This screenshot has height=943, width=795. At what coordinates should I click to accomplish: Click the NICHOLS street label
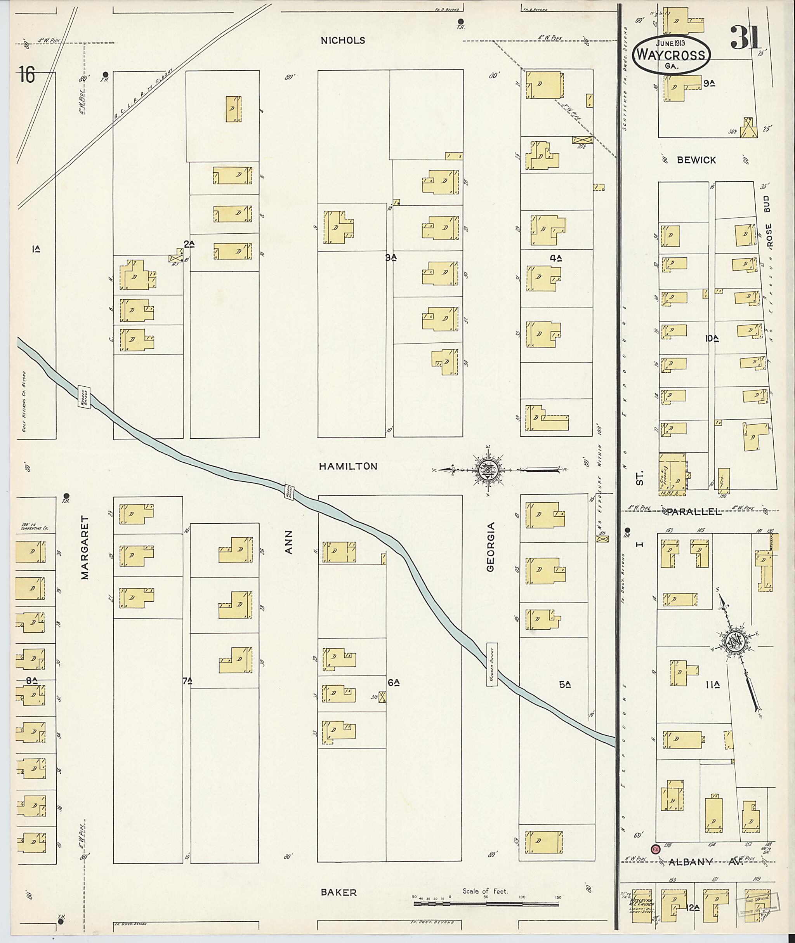[x=342, y=40]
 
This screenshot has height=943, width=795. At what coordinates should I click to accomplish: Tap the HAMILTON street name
[x=348, y=467]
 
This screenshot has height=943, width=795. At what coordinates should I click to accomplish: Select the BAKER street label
[x=338, y=892]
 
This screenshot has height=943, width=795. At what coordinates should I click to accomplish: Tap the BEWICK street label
[x=696, y=160]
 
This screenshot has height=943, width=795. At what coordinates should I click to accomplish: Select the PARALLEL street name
[x=694, y=512]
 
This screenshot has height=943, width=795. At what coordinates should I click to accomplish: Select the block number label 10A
[x=712, y=338]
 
